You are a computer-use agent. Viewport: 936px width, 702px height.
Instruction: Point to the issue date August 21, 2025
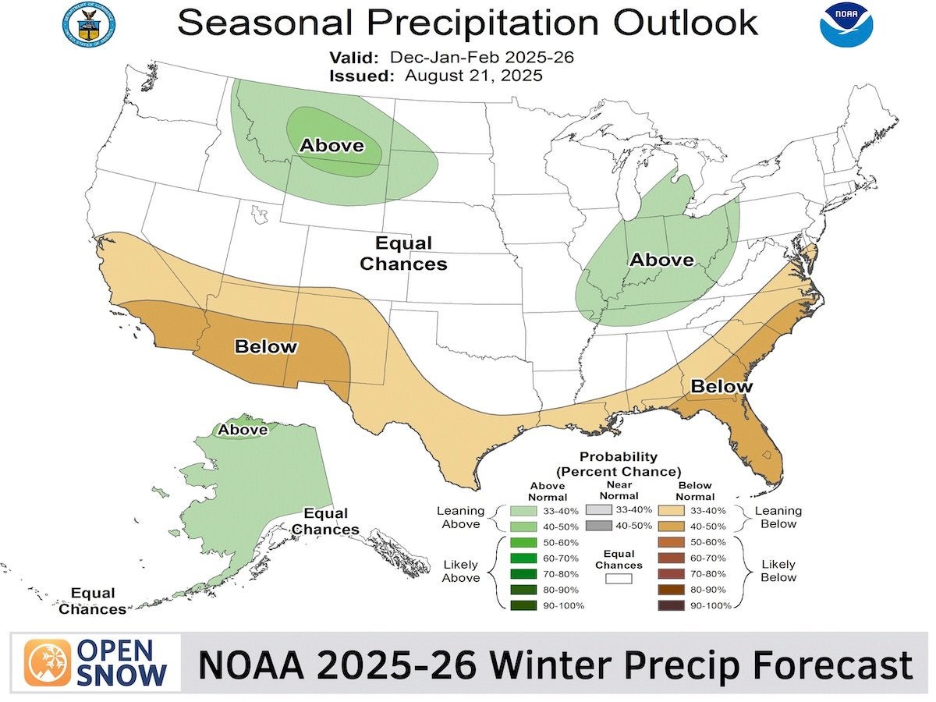[473, 76]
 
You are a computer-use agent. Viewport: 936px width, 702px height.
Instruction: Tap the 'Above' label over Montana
[332, 145]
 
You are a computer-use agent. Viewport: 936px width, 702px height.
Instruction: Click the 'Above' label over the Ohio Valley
[661, 260]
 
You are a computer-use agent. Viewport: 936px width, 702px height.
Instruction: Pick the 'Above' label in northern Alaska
[243, 429]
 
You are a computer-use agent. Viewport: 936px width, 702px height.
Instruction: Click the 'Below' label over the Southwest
[266, 346]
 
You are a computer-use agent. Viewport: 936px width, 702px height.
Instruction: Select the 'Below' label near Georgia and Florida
[721, 386]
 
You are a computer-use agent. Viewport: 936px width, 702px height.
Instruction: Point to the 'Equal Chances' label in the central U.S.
[403, 253]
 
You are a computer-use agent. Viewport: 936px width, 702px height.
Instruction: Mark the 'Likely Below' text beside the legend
[778, 571]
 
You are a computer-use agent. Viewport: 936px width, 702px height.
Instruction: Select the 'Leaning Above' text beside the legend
[461, 517]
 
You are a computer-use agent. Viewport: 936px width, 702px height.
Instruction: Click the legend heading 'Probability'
[618, 457]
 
